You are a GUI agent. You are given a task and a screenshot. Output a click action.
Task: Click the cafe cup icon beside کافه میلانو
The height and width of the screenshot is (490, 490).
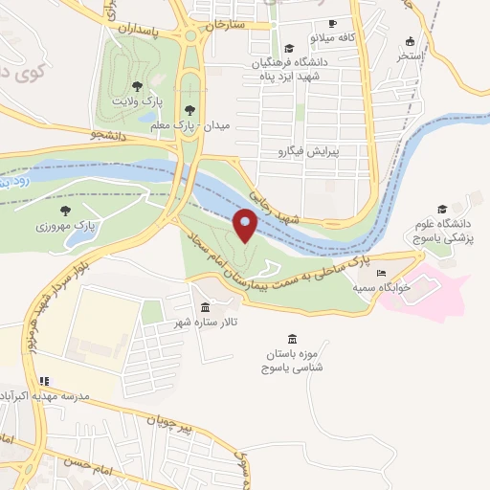pos(332,23)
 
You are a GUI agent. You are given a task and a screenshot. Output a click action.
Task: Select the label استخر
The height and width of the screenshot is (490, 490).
pos(411,56)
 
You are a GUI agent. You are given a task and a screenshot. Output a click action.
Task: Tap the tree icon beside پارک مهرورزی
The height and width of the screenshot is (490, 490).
pos(65,210)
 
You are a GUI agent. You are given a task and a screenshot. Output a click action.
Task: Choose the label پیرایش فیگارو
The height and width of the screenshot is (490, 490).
pos(308,151)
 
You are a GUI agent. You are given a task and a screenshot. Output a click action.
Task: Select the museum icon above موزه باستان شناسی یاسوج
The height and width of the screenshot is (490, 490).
pos(291,339)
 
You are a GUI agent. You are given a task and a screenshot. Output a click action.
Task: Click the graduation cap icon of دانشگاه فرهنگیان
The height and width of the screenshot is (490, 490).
pos(289,48)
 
